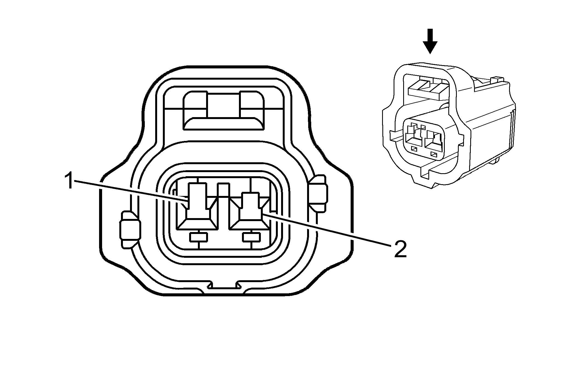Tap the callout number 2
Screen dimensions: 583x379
click(x=400, y=249)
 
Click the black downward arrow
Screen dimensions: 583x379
click(x=430, y=41)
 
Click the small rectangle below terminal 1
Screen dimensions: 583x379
click(x=198, y=237)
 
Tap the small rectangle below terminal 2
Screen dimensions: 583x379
click(x=251, y=237)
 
